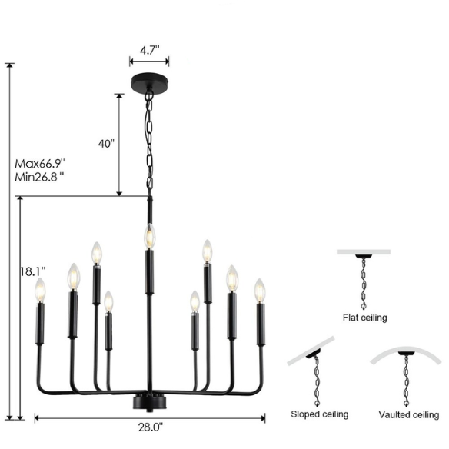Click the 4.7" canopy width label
(x=149, y=51)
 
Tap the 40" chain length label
(x=107, y=144)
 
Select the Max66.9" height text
(x=40, y=164)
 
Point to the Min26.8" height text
(x=39, y=178)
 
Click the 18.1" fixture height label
(x=32, y=271)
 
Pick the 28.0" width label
(x=151, y=427)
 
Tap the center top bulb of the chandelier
(x=149, y=236)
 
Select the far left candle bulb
(x=40, y=290)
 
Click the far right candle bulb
(x=260, y=291)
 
